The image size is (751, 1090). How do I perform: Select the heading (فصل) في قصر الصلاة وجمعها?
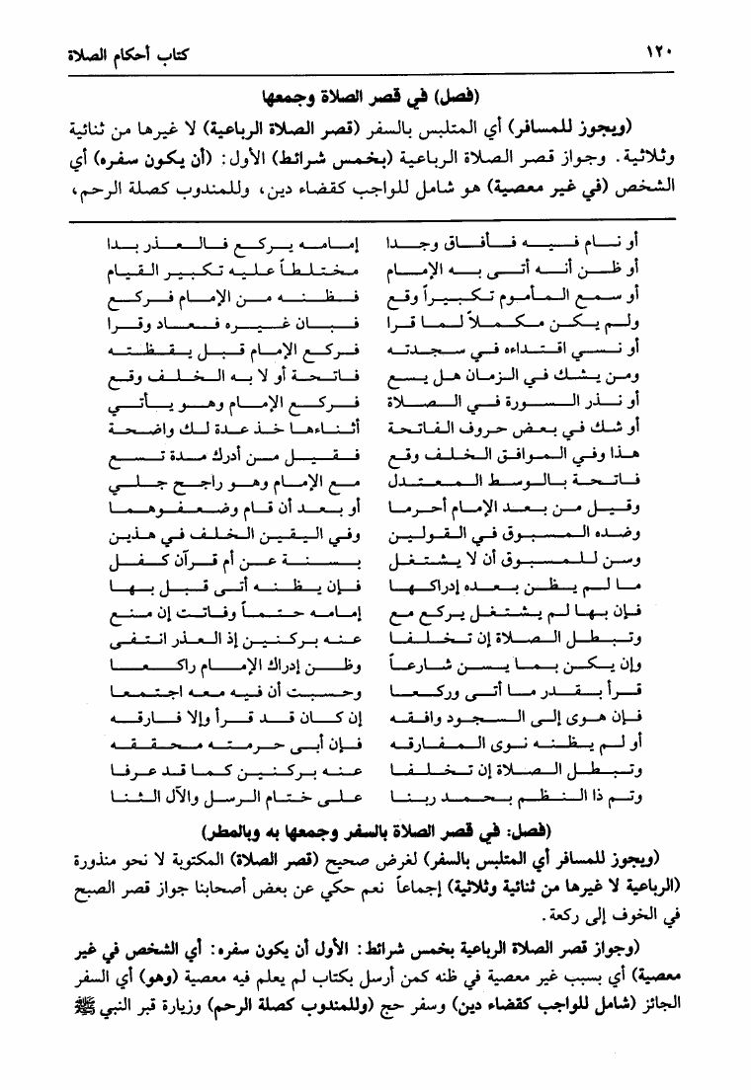[375, 96]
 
